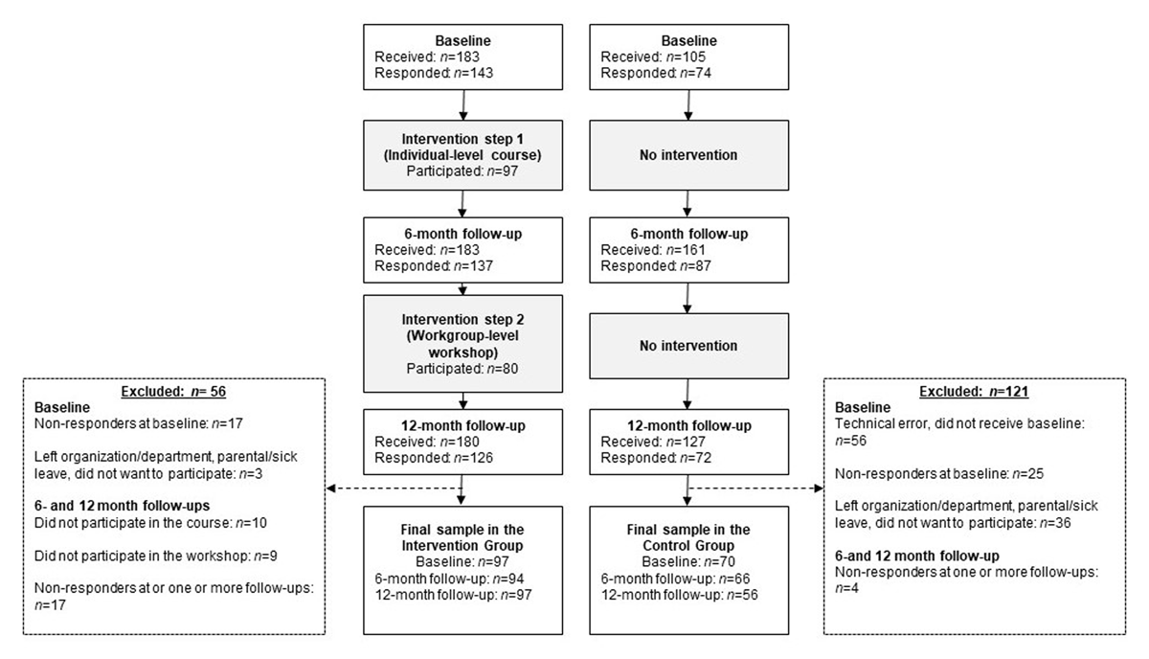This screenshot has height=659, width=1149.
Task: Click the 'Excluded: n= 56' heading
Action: [173, 392]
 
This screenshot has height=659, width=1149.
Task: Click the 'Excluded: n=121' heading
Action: [974, 392]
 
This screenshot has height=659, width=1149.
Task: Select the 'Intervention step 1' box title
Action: [462, 139]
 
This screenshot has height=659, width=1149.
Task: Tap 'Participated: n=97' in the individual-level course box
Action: [462, 170]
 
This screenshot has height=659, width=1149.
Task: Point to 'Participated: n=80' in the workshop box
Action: [462, 369]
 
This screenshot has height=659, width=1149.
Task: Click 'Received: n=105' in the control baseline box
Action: [653, 57]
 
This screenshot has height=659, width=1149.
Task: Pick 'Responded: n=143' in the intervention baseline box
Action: [434, 73]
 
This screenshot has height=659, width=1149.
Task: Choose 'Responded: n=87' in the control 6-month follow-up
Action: [656, 266]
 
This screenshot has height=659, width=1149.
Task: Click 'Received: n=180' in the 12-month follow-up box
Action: [427, 442]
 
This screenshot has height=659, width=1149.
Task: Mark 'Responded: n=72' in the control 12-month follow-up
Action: [656, 458]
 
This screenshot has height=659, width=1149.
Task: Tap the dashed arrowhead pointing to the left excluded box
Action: [331, 489]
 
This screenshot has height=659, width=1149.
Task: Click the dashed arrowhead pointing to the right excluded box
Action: [819, 489]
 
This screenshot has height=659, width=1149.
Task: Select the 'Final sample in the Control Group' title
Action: [688, 537]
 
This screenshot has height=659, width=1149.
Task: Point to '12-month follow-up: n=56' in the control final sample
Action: [679, 595]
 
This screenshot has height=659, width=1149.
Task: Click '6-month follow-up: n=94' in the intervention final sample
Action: [449, 579]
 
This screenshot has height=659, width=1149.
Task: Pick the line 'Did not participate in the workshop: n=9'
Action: [156, 556]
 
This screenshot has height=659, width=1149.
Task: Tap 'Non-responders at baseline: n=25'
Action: [939, 474]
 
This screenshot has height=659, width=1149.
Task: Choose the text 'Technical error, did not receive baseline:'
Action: [959, 424]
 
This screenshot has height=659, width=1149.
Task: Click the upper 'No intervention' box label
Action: [688, 155]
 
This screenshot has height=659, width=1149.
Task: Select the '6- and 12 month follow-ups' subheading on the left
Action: [123, 506]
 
